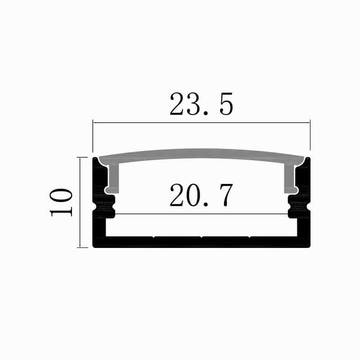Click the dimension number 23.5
pos(201,104)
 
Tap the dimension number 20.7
pos(201,195)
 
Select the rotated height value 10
pos(61,202)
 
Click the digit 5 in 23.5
pos(226,104)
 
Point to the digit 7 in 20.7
pos(226,195)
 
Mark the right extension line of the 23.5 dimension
pos(310,135)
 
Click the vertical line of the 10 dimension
pos(80,202)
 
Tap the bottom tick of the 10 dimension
pos(82,247)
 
